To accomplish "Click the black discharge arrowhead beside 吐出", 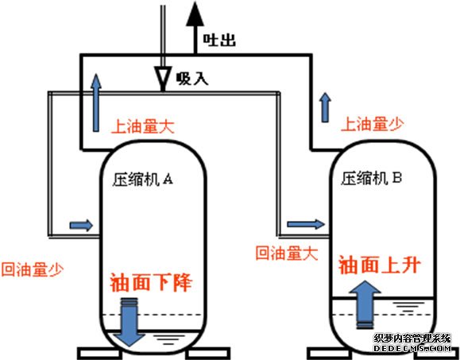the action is tap(195, 14).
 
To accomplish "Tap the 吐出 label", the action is tap(219, 40).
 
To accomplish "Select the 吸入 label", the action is tap(192, 79).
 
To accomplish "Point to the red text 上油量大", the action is tap(143, 126).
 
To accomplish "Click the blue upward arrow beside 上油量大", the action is tap(96, 103).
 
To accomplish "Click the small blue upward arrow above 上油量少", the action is tap(325, 107).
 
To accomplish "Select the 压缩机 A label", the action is tap(142, 179).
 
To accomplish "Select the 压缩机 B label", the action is tap(371, 178).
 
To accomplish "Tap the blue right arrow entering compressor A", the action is tap(81, 226).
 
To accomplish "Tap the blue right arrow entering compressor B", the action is tap(306, 224).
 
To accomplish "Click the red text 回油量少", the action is tap(33, 269).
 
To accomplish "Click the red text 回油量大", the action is tap(287, 253).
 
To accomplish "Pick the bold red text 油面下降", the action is tap(151, 282).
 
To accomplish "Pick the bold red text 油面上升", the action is tap(380, 265).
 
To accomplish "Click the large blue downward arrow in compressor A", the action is tap(129, 322).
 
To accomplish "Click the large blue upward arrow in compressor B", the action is tap(365, 304).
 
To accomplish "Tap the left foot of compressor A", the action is tap(99, 353).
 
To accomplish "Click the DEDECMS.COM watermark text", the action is tap(412, 348).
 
